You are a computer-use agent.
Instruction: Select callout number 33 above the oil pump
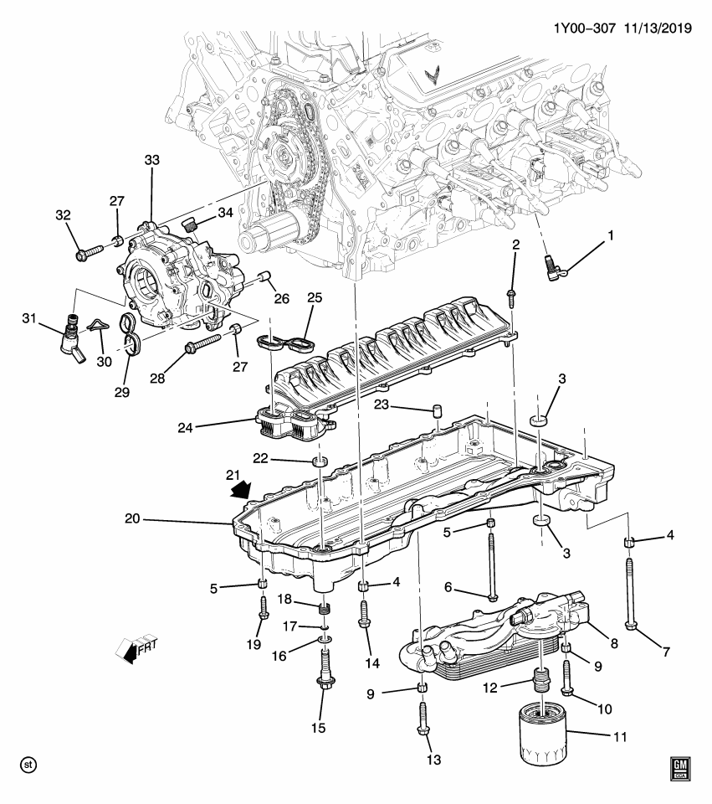click(151, 159)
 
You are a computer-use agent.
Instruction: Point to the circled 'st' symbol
click(28, 765)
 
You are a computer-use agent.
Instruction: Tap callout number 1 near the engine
click(610, 236)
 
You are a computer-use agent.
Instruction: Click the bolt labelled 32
click(86, 250)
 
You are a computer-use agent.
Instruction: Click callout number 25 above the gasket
click(314, 297)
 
